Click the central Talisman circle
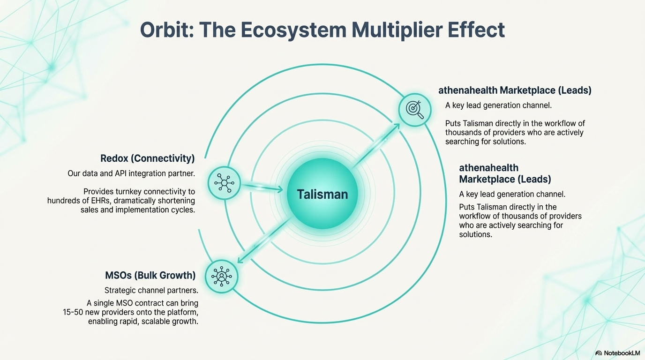322,194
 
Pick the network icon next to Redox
224,183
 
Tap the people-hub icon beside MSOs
221,277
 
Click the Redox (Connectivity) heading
148,158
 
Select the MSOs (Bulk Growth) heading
150,275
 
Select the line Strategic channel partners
151,291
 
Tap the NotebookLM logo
617,353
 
